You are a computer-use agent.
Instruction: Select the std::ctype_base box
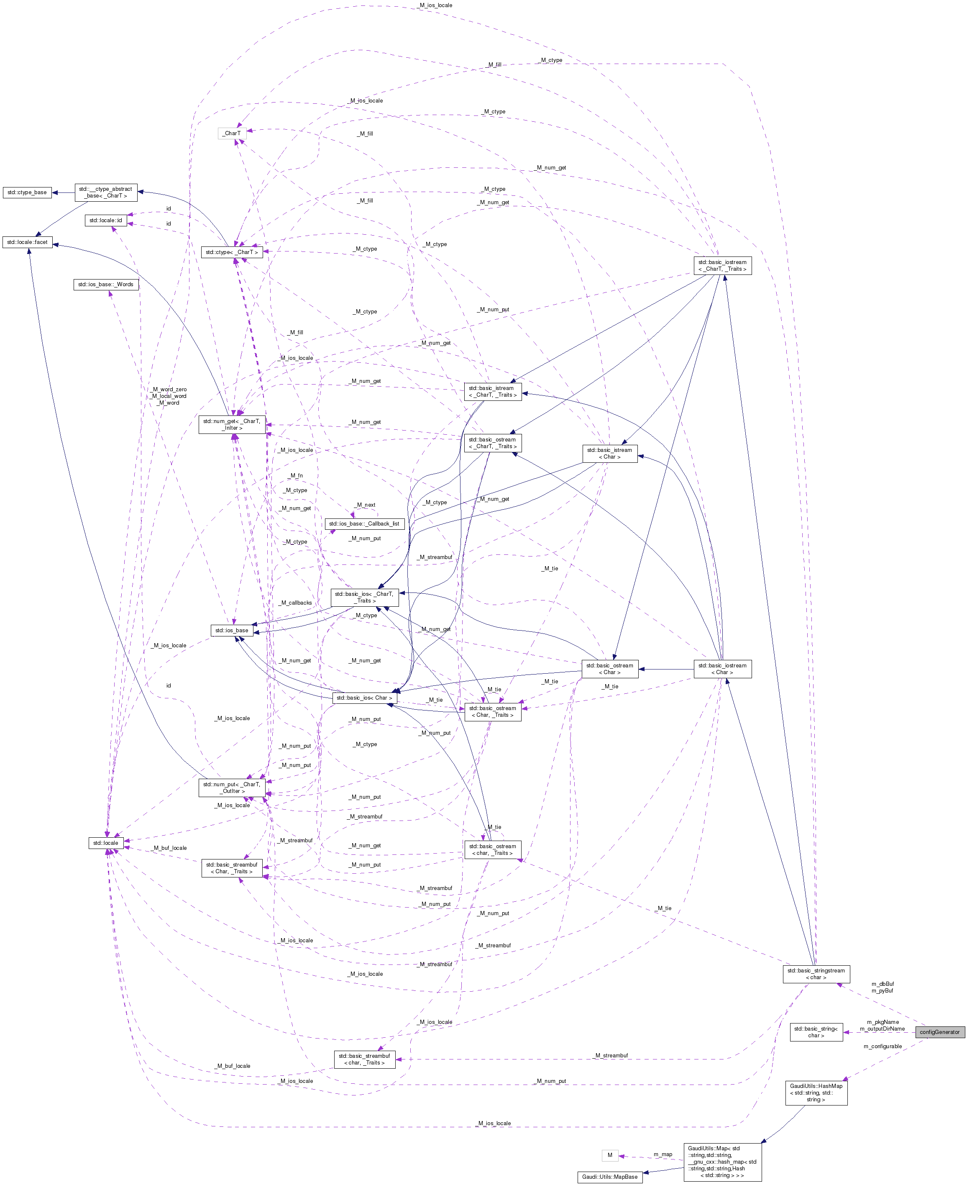click(27, 192)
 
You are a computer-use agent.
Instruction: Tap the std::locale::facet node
click(27, 242)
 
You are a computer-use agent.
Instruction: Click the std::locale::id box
click(106, 220)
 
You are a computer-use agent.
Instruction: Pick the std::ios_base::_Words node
click(106, 284)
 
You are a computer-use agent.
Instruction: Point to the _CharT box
click(232, 133)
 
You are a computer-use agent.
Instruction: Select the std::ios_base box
click(232, 630)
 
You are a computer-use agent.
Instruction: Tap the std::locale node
click(106, 843)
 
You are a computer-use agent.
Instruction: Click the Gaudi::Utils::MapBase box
click(610, 1177)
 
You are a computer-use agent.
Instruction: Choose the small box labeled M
click(610, 1155)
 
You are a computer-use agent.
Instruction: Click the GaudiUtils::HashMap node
click(816, 1093)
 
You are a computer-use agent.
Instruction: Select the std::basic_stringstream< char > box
click(816, 974)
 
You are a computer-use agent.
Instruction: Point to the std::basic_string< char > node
click(816, 1032)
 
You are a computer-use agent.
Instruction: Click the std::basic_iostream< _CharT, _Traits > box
click(722, 265)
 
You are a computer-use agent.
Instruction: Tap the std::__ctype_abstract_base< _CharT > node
click(106, 192)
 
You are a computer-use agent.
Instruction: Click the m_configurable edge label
click(883, 1046)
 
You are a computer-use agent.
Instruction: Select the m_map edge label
click(663, 1154)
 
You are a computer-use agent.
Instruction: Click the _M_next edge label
click(366, 505)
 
